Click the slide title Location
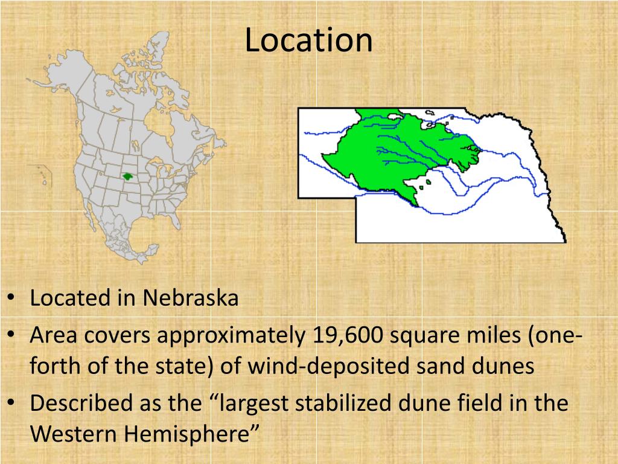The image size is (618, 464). tap(308, 40)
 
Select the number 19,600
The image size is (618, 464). tap(348, 335)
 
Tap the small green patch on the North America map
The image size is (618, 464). tap(127, 176)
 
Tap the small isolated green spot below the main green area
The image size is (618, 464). tap(428, 181)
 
